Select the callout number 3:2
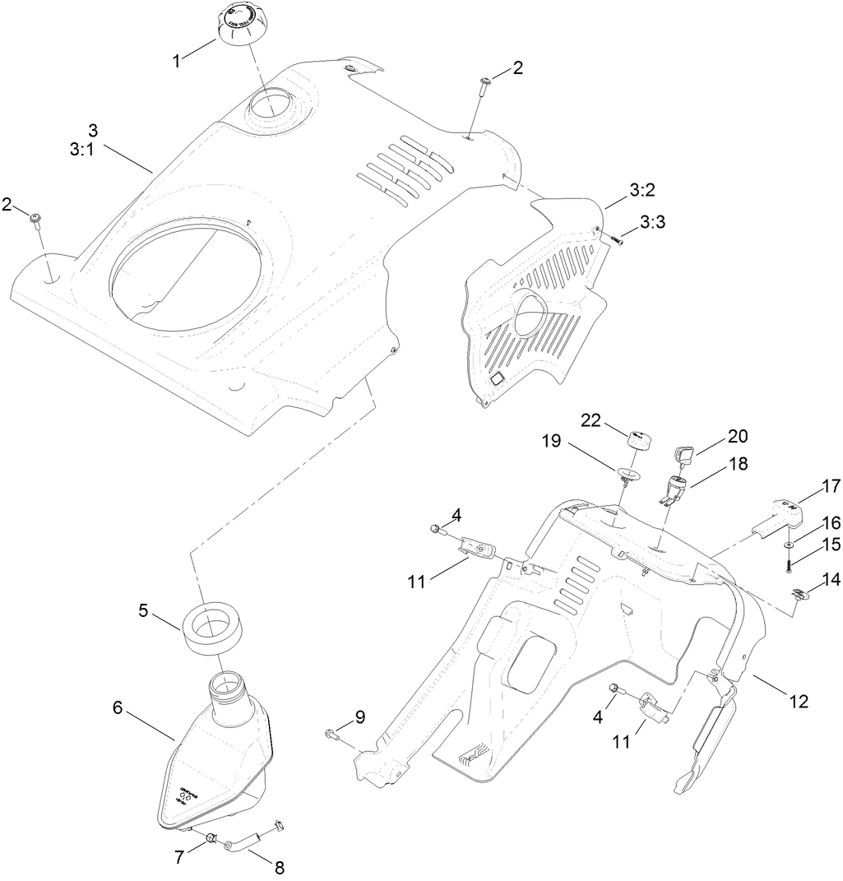(642, 191)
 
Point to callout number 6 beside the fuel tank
(118, 707)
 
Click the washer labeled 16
(789, 545)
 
